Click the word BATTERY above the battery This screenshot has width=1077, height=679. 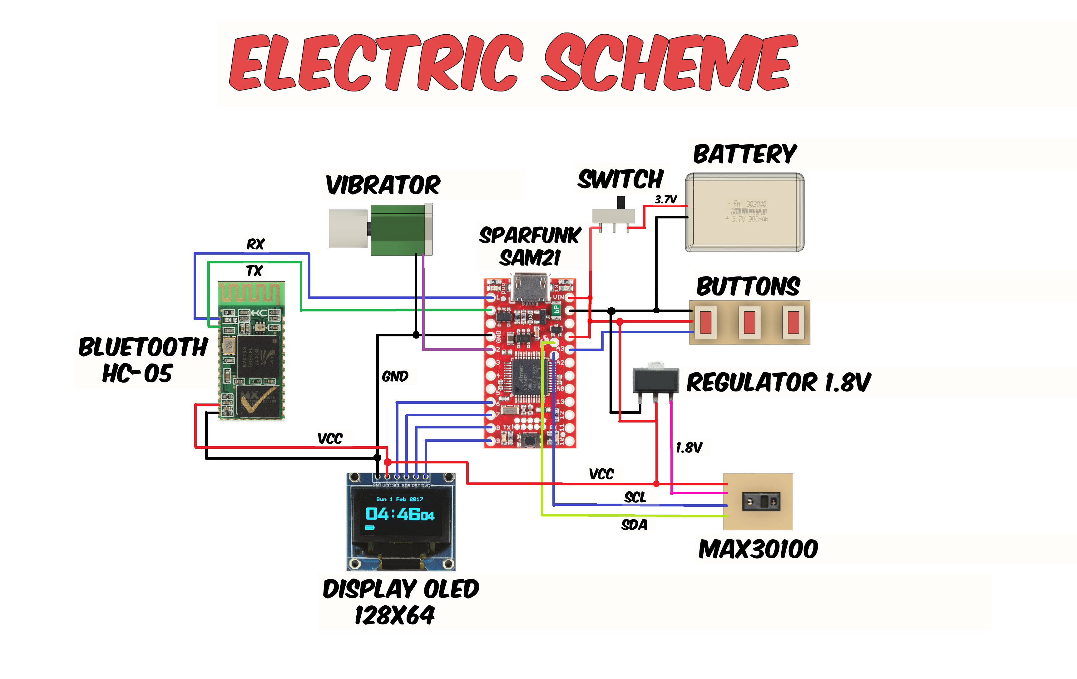(x=745, y=154)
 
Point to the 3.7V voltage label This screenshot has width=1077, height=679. (x=665, y=199)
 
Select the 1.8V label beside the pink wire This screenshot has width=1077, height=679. (x=689, y=447)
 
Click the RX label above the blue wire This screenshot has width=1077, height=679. (x=255, y=244)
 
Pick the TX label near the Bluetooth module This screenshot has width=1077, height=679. (x=254, y=271)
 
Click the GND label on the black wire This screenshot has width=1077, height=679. (x=395, y=376)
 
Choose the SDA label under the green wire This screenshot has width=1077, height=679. (x=634, y=525)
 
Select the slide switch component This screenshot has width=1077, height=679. (x=613, y=216)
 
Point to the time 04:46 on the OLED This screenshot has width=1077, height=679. (x=393, y=514)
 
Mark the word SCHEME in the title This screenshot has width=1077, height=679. (x=669, y=63)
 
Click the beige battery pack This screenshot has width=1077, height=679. (x=745, y=212)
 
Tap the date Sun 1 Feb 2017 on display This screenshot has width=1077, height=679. (x=399, y=499)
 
